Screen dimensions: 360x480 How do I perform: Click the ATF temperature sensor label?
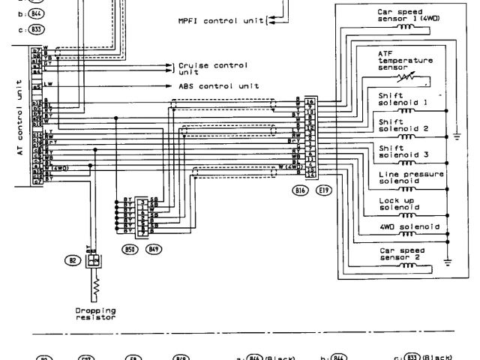tap(405, 64)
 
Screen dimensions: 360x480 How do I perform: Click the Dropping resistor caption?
tap(95, 313)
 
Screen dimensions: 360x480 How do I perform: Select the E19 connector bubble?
tap(324, 191)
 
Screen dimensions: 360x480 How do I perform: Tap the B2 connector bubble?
tap(73, 260)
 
